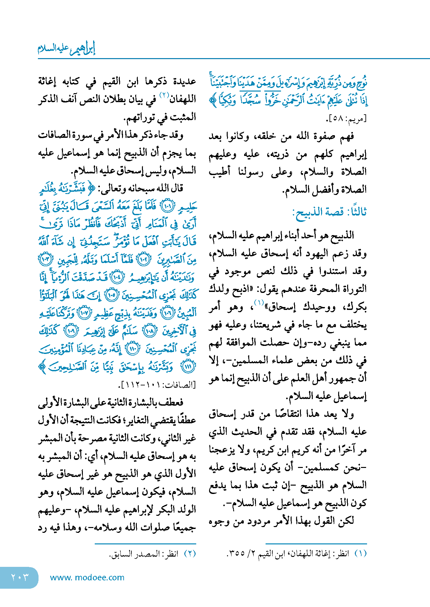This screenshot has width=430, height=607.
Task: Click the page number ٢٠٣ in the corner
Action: pos(20,577)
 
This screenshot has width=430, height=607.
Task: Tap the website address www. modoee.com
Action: pos(87,577)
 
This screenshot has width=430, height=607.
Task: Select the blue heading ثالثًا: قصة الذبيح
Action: pos(329,212)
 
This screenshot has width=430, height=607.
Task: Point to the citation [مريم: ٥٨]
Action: pos(346,119)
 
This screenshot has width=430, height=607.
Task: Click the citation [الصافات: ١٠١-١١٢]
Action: pos(157,384)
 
